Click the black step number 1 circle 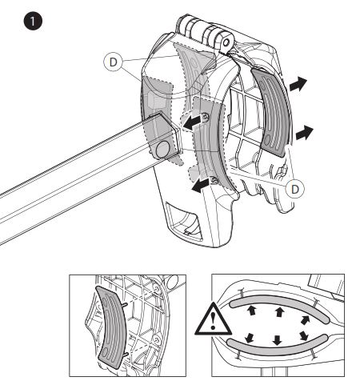click(x=33, y=21)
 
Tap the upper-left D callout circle click(x=113, y=62)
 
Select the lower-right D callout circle click(x=295, y=189)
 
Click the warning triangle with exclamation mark click(x=213, y=319)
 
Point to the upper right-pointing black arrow click(x=298, y=84)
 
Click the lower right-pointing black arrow click(x=305, y=133)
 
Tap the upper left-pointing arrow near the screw click(x=191, y=122)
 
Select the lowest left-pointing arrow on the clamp click(x=200, y=186)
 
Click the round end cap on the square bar click(x=163, y=149)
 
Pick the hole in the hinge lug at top click(x=226, y=42)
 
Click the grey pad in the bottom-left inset click(x=110, y=328)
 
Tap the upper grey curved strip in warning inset click(x=279, y=305)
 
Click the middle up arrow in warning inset click(x=279, y=312)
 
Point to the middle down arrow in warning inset click(x=278, y=340)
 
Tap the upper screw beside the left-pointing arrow click(x=206, y=116)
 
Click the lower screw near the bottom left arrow click(x=214, y=181)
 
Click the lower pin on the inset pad click(x=126, y=354)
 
